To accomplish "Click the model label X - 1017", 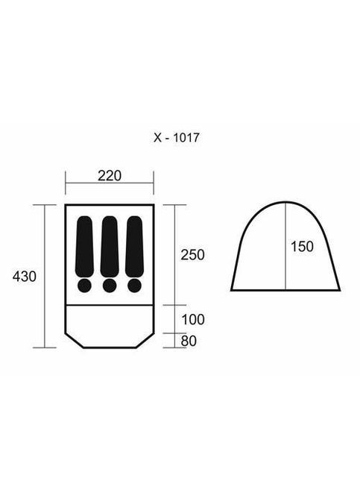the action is [177, 138].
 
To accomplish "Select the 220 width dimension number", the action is [110, 176].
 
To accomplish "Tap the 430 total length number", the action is [25, 277].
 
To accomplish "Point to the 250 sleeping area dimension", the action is [192, 255].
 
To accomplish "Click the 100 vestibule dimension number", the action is [193, 320].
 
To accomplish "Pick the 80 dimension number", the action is [189, 341].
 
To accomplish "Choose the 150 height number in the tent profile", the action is [302, 247].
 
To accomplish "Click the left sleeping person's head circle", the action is [84, 286].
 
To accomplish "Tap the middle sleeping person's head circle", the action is [110, 286].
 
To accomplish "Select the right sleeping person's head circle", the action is [134, 286].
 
